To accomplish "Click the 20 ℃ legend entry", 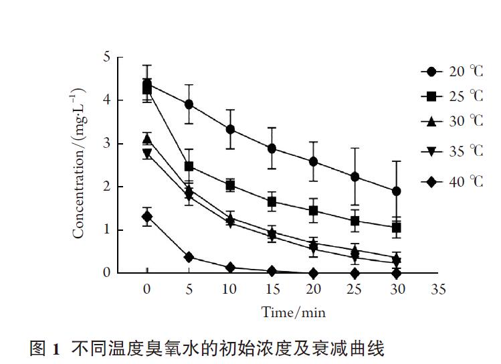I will point(452,72).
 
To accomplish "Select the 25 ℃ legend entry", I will point(452,96).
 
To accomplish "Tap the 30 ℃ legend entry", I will point(452,121).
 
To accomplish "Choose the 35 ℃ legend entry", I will point(452,151).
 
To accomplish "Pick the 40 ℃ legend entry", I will point(452,181).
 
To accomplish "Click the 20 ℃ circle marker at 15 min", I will point(272,148).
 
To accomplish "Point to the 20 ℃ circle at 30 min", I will point(396,191).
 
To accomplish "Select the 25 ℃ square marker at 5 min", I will point(189,166).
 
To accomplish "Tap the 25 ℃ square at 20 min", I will point(313,210).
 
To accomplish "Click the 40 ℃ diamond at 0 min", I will point(147,216).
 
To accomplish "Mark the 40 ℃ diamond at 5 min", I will point(189,257).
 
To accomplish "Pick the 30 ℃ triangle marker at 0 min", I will point(147,139).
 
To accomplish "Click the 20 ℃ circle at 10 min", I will point(230,129).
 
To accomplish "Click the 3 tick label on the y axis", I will point(106,144).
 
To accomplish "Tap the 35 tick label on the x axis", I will point(438,290).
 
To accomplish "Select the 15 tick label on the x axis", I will point(272,290).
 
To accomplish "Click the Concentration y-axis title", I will point(78,164).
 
